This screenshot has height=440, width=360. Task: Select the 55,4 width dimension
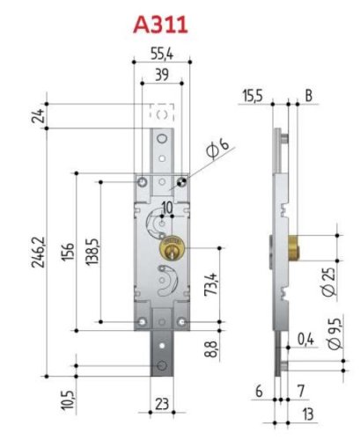(x=162, y=55)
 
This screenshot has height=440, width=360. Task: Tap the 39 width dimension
(x=162, y=77)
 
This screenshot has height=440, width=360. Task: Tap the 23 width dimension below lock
(x=162, y=407)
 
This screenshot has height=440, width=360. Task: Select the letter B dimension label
(x=308, y=94)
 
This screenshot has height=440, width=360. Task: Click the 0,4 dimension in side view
(x=305, y=338)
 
